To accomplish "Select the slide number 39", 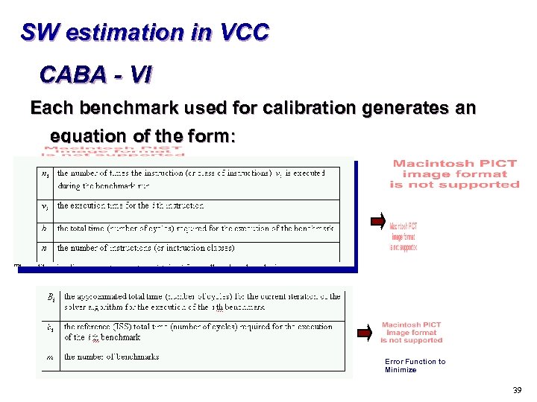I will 518,390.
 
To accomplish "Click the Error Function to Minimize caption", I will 415,366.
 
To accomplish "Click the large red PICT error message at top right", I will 454,174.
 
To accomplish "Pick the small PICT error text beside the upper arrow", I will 403,237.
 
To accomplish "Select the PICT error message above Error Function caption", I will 412,332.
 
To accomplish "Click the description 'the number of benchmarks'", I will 112,357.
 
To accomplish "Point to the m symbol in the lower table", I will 50,358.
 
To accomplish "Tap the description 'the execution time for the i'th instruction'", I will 131,205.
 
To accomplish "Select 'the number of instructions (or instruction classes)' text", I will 146,248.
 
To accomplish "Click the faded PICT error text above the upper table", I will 113,151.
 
